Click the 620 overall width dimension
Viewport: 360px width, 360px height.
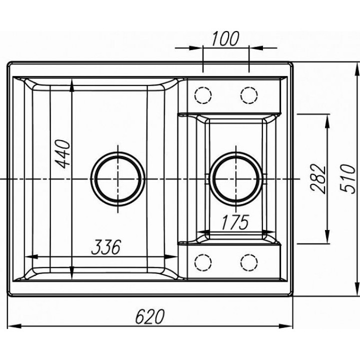pyautogui.click(x=149, y=316)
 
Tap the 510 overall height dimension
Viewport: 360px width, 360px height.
pyautogui.click(x=348, y=179)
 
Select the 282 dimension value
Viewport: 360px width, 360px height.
pyautogui.click(x=318, y=178)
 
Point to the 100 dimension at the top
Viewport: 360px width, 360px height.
pyautogui.click(x=225, y=38)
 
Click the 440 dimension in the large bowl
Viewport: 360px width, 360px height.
pyautogui.click(x=63, y=154)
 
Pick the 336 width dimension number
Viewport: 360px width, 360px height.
pyautogui.click(x=106, y=247)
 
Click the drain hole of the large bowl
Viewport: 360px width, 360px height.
pyautogui.click(x=118, y=179)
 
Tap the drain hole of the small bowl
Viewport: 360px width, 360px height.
pyautogui.click(x=236, y=179)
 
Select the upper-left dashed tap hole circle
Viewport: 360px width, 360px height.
pyautogui.click(x=202, y=95)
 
